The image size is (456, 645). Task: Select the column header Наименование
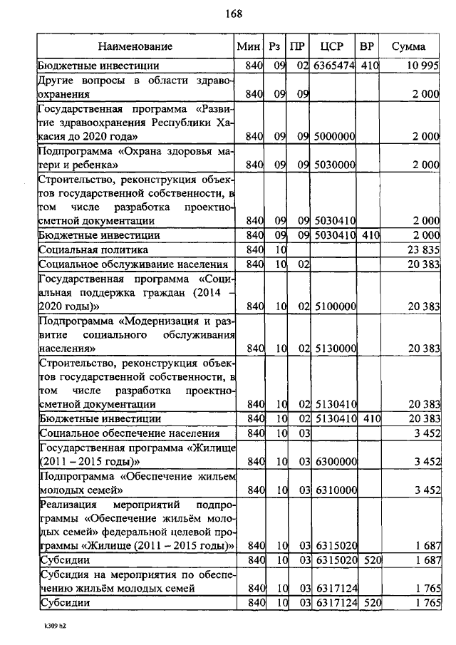tap(135, 47)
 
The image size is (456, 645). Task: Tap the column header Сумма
tap(409, 47)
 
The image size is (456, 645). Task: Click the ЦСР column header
tap(332, 47)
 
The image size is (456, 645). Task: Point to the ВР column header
tap(368, 47)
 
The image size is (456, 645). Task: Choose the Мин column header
tap(249, 47)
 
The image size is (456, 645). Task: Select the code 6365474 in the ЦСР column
tap(333, 66)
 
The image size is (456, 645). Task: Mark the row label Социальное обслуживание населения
tap(123, 264)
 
